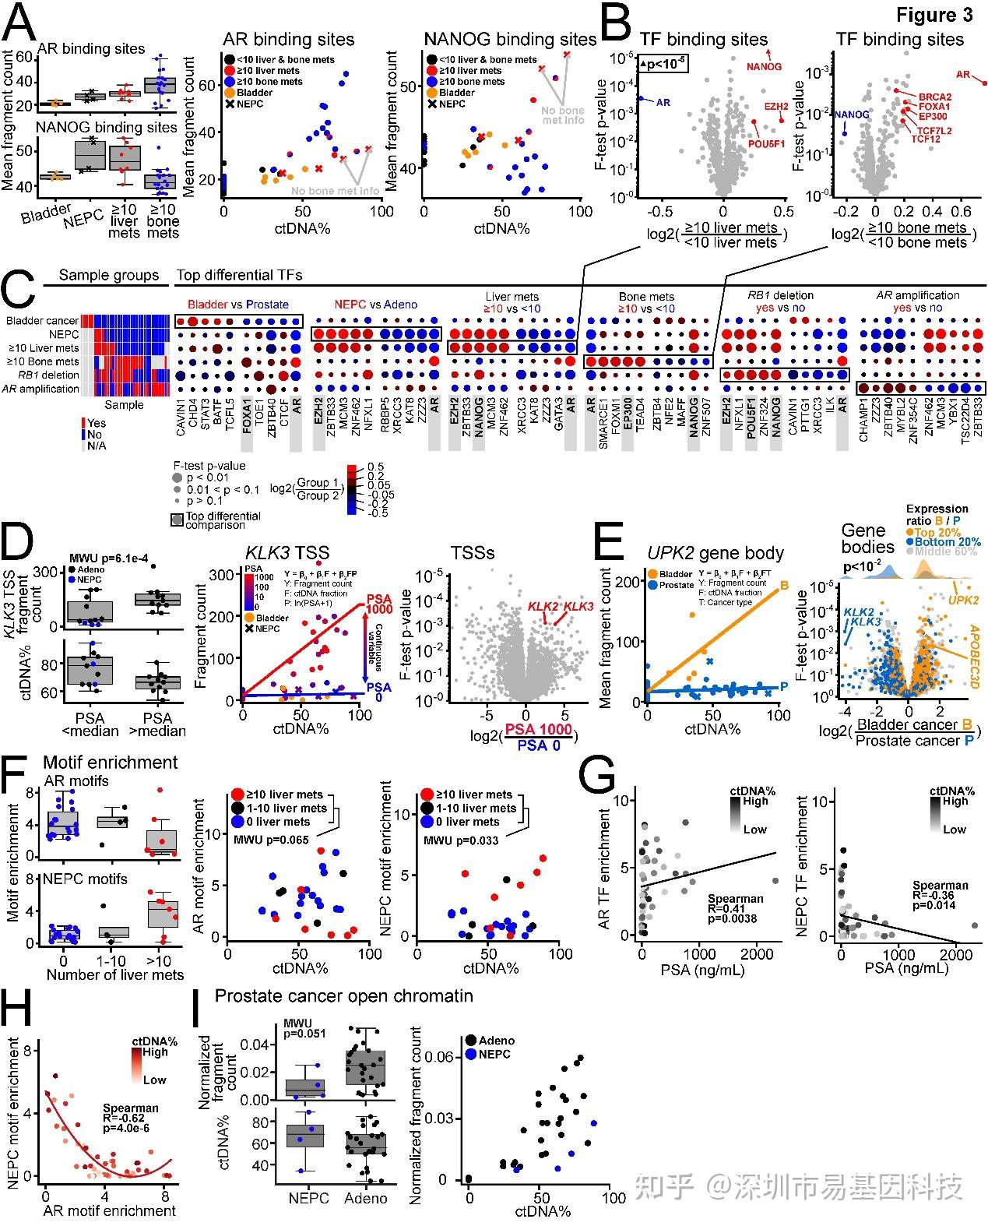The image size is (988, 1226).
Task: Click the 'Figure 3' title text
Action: (x=934, y=15)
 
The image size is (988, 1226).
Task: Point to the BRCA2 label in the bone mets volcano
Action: (x=935, y=97)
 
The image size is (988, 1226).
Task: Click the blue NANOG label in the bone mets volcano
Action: (x=852, y=114)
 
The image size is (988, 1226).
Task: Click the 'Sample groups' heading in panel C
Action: (x=108, y=275)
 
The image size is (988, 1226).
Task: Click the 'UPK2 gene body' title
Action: (x=716, y=553)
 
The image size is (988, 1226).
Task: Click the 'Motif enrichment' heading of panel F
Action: (x=110, y=763)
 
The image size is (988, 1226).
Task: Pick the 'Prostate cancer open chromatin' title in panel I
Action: (x=344, y=995)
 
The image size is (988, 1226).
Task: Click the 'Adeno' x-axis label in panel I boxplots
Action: (x=365, y=1197)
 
